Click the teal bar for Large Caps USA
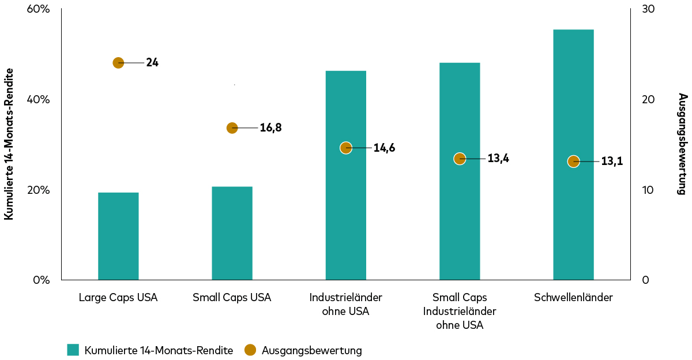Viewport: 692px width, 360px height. coord(118,236)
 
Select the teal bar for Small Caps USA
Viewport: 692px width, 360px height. coord(232,233)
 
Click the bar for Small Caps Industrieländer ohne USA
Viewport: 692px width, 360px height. coord(460,219)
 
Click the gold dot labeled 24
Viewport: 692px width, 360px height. coord(118,63)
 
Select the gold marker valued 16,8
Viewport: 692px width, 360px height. coord(232,128)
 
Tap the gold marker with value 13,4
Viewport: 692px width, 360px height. coord(460,159)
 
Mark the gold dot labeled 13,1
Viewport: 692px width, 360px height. coord(573,162)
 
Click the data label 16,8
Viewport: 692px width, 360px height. coord(270,128)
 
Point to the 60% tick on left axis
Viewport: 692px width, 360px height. coord(38,9)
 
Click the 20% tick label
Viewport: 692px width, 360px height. coord(38,190)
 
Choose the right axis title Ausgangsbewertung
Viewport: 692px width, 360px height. coord(682,144)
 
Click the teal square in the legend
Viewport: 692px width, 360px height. coord(73,350)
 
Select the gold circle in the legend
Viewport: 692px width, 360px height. coord(250,350)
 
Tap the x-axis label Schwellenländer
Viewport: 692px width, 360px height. coord(573,298)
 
